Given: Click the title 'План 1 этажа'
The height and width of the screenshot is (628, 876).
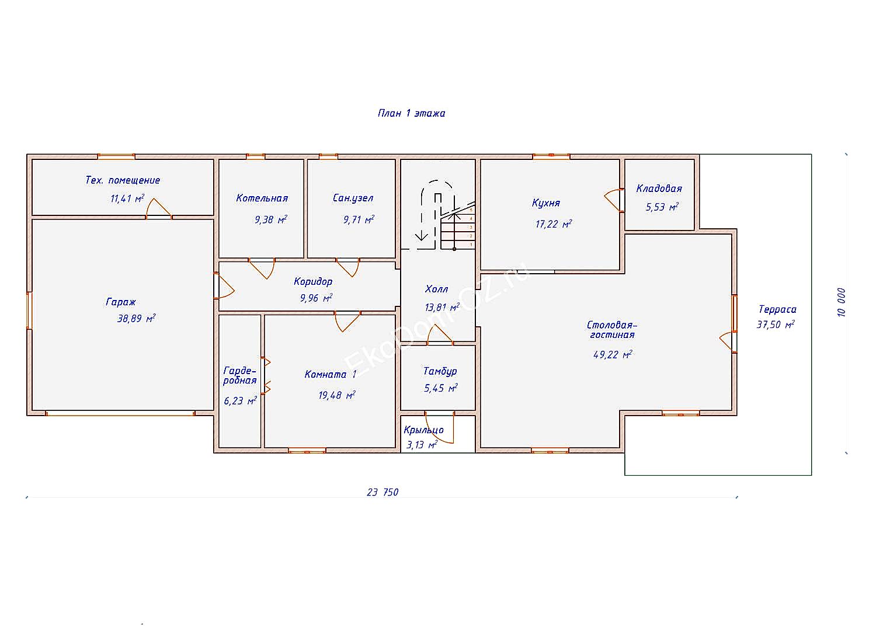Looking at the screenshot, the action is click(x=411, y=113).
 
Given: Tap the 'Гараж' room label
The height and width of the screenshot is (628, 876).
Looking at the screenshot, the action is click(x=121, y=302).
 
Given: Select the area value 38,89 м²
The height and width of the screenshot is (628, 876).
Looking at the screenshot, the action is click(x=136, y=319).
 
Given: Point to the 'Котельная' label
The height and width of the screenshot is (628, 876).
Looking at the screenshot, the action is click(x=262, y=198).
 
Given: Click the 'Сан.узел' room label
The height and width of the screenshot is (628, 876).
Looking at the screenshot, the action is click(x=353, y=198).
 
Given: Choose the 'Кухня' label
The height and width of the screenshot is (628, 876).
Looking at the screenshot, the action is click(x=546, y=203).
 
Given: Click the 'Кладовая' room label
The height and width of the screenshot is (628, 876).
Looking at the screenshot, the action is click(x=659, y=189).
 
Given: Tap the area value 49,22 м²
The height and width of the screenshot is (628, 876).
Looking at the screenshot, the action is click(x=613, y=354).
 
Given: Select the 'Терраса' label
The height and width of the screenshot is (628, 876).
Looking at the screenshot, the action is click(x=777, y=309).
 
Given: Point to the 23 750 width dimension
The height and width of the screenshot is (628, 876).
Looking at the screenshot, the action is click(x=383, y=493).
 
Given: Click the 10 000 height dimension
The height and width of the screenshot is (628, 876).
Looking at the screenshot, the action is click(x=842, y=302).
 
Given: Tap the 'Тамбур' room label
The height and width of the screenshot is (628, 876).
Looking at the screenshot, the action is click(x=440, y=371).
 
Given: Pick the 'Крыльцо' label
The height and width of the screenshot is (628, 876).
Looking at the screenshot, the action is click(x=423, y=430).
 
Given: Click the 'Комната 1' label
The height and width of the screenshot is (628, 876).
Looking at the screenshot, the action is click(x=331, y=374).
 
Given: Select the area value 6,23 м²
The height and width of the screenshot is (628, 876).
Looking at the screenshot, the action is click(x=240, y=400).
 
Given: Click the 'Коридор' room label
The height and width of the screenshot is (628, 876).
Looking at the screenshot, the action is click(x=313, y=281).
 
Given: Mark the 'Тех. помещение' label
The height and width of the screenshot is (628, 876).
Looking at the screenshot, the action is click(x=123, y=180).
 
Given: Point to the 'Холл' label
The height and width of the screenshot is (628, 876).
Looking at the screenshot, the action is click(x=436, y=289).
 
